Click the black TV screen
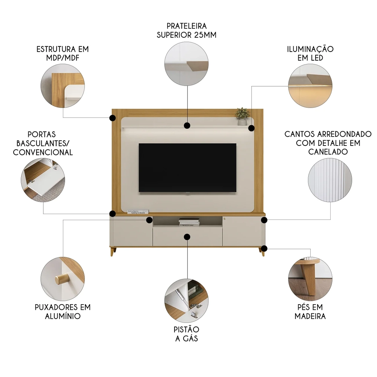coord(187,168)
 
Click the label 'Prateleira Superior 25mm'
coord(187,31)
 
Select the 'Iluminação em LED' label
coord(310,54)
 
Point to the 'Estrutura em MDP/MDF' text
coord(63,54)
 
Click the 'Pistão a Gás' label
coord(187,334)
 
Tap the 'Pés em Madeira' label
coord(310,312)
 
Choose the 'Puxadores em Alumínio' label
coord(63,312)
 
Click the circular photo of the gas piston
coord(187,300)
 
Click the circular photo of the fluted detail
coord(330,180)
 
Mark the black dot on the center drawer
coord(187,236)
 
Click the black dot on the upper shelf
coord(187,125)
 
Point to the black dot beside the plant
coord(252,128)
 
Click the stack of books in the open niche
coord(189,222)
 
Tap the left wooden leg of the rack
coord(112,252)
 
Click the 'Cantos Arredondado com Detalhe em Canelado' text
coord(328,143)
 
